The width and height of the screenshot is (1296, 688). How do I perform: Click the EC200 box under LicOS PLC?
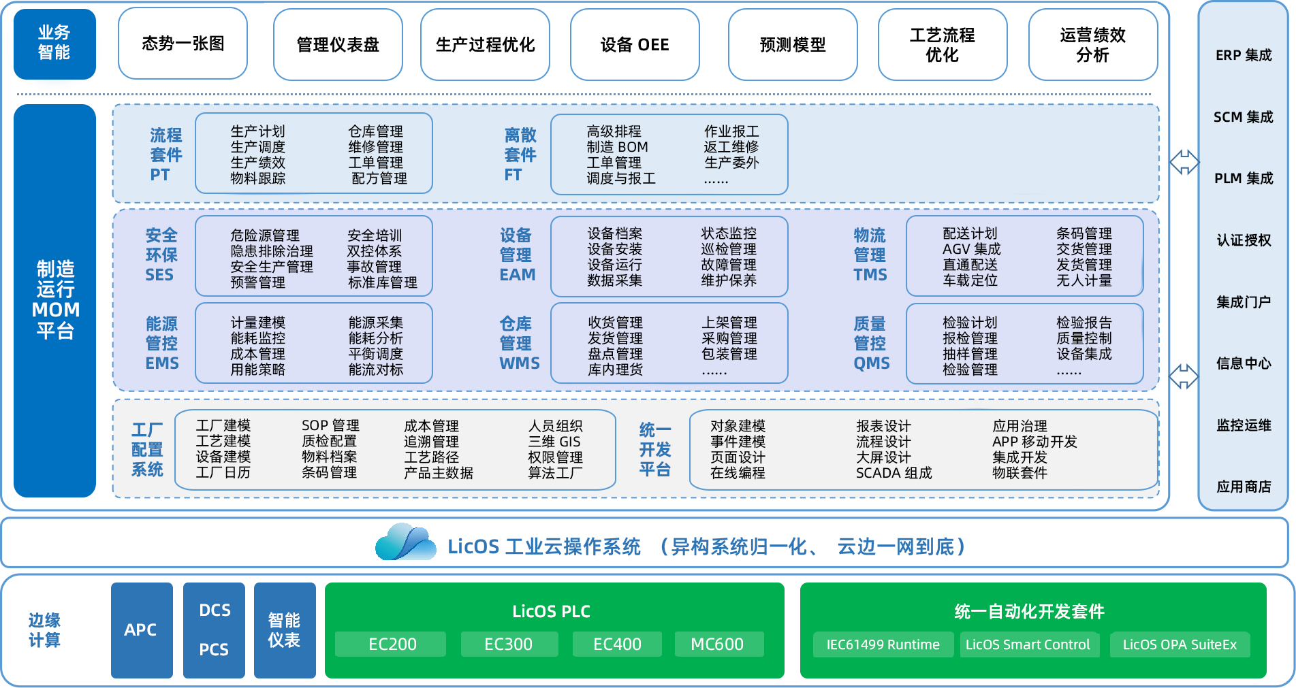(392, 644)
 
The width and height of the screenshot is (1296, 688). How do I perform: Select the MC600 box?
(717, 644)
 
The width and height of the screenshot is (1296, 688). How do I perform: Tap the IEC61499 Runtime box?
(883, 644)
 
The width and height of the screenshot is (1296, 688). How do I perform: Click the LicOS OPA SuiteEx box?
(1180, 644)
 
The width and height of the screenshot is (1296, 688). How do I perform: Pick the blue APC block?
(141, 630)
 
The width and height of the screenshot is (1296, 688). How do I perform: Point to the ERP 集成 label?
(1244, 55)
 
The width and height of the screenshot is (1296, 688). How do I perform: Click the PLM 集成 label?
(1244, 178)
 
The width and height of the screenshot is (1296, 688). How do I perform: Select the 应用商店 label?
(1244, 487)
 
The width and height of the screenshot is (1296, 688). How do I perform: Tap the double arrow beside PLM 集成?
(1184, 162)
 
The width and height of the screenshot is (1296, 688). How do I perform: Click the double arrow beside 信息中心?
(1184, 376)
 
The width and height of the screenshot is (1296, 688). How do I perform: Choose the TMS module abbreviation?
(870, 275)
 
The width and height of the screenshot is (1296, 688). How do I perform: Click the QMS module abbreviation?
(871, 363)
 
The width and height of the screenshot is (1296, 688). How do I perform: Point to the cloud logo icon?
(405, 542)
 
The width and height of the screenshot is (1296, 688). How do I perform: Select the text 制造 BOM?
(617, 147)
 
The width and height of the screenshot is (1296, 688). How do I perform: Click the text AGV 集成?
(971, 249)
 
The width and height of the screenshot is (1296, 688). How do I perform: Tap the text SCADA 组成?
(894, 473)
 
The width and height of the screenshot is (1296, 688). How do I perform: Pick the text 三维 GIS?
(554, 442)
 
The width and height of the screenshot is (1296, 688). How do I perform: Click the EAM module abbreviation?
(517, 275)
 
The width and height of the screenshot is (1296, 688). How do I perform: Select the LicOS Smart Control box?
(1027, 644)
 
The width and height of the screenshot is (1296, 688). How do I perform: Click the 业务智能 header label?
(54, 42)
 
